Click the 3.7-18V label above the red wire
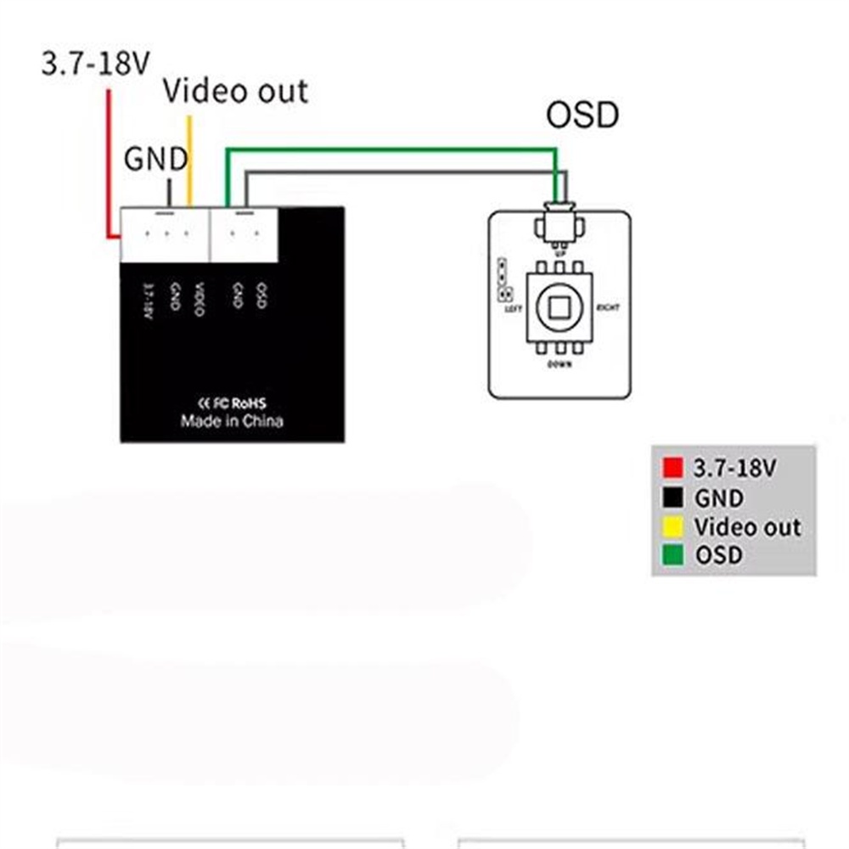point(96,64)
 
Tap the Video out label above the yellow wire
point(235,91)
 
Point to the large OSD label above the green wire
point(582,115)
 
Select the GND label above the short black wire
point(156,159)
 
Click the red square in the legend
point(673,468)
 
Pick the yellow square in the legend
point(673,527)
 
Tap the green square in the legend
point(673,556)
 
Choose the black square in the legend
point(673,498)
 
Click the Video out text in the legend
point(747,527)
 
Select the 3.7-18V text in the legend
point(735,468)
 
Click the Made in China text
point(232,421)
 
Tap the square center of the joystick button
point(559,307)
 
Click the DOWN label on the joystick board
point(559,364)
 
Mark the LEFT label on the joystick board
point(513,310)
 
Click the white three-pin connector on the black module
point(165,234)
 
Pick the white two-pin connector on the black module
point(245,234)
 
